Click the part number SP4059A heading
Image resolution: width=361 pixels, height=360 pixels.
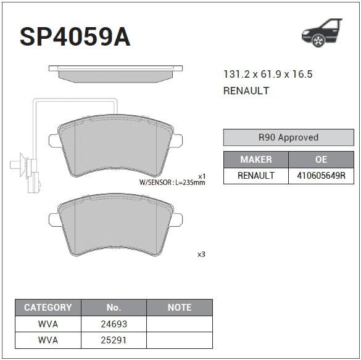click(75, 37)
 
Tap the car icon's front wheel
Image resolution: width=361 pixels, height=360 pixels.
click(318, 41)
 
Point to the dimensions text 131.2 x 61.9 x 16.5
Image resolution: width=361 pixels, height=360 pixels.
click(268, 74)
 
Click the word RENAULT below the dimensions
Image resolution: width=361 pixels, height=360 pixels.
click(246, 91)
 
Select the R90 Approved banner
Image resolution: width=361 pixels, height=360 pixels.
click(288, 137)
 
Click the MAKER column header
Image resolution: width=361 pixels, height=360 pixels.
click(255, 160)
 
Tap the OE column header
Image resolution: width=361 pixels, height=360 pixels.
click(321, 160)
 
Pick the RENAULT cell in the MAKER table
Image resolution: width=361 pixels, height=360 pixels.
click(255, 176)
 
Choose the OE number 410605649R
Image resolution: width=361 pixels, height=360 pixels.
click(321, 176)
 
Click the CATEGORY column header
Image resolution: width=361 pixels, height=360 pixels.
click(48, 308)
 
